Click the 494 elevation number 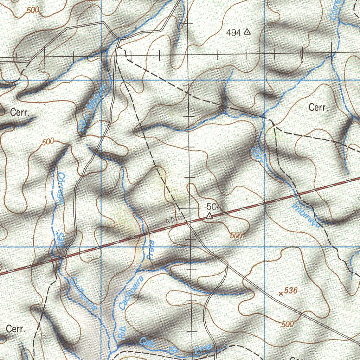[234, 33]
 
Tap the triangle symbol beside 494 [247, 32]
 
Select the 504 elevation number [214, 206]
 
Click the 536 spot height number [291, 291]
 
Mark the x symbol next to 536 [281, 293]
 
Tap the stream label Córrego [60, 188]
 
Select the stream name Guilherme [84, 294]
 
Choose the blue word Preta [152, 250]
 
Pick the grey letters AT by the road [170, 221]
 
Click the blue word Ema [204, 348]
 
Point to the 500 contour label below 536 [288, 324]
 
